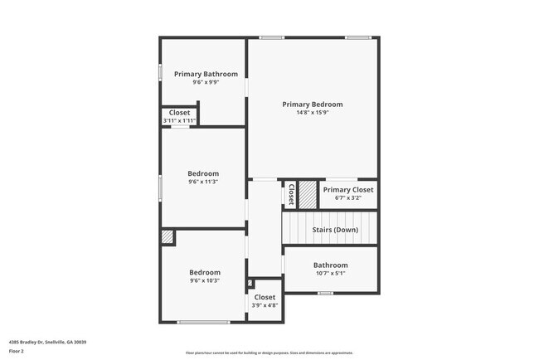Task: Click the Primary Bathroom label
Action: point(206,74)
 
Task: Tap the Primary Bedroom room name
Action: point(312,105)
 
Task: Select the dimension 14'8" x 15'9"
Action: point(312,113)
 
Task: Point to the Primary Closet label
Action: point(348,190)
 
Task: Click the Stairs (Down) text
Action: point(335,230)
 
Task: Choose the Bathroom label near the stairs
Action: point(330,265)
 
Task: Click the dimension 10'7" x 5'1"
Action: point(330,274)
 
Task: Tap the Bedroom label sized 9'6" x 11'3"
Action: point(203,173)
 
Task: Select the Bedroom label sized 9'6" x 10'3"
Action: point(204,272)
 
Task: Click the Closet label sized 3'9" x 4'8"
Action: point(265,297)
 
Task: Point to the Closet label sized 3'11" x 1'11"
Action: point(179,113)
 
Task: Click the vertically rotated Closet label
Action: point(291,194)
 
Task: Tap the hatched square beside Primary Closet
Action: point(308,194)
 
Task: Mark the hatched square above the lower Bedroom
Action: point(168,237)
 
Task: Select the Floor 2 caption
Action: point(17,351)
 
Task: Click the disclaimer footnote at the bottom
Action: point(269,353)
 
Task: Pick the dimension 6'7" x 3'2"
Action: point(348,198)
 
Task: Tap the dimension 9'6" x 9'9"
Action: point(206,82)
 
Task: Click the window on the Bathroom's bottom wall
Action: point(326,293)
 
